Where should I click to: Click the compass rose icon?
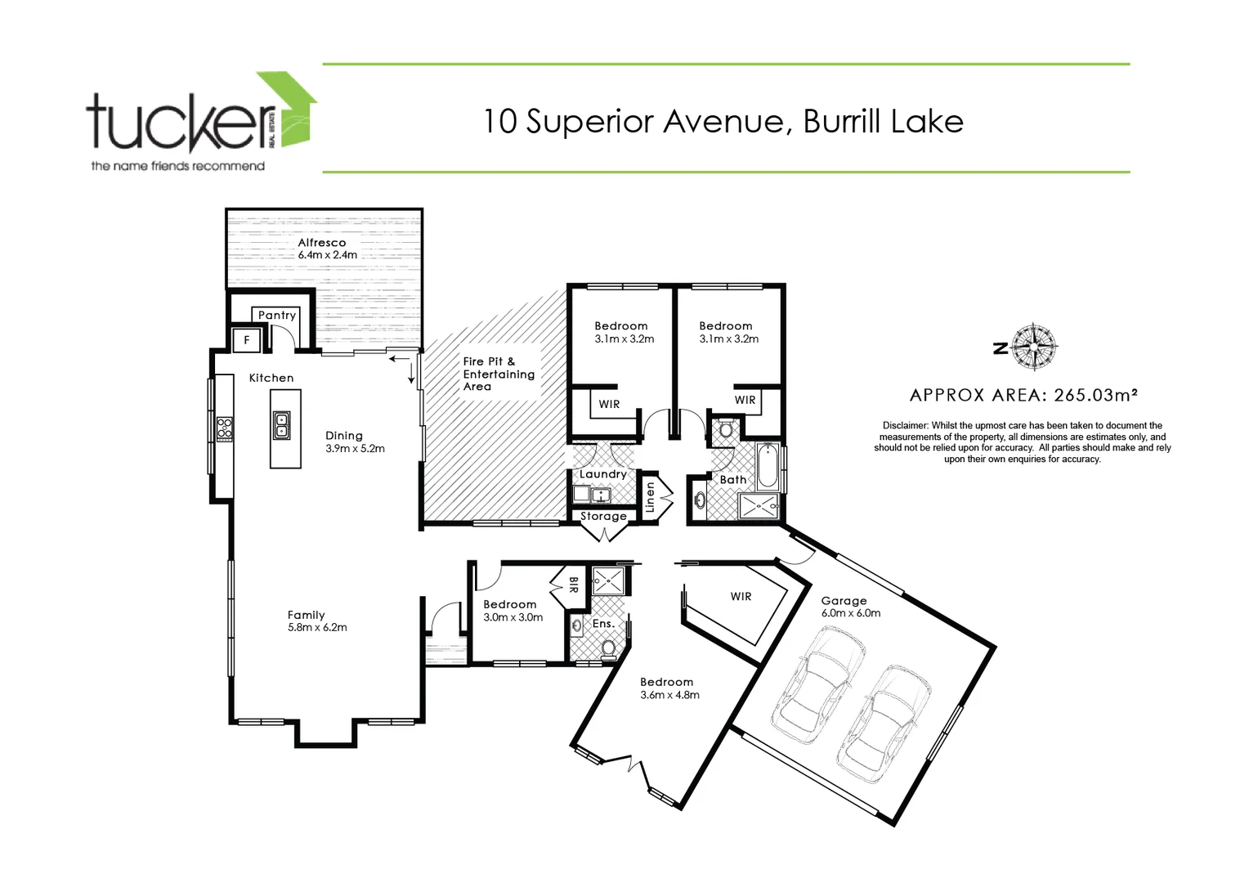click(x=1034, y=347)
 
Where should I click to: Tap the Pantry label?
click(x=276, y=315)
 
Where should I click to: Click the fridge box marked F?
click(x=247, y=339)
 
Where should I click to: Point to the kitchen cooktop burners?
click(x=224, y=428)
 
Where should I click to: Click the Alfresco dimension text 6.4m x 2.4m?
click(x=327, y=255)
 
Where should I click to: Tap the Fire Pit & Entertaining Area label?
click(x=498, y=374)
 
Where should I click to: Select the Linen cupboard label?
click(x=651, y=497)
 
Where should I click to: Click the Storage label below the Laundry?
click(x=603, y=516)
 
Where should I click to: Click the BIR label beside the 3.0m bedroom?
click(x=573, y=585)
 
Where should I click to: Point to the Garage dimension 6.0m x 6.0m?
click(x=851, y=613)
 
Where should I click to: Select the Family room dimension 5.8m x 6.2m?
click(x=317, y=628)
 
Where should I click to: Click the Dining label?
click(x=343, y=436)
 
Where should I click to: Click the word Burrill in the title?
click(x=842, y=122)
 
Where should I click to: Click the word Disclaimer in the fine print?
click(x=905, y=426)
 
